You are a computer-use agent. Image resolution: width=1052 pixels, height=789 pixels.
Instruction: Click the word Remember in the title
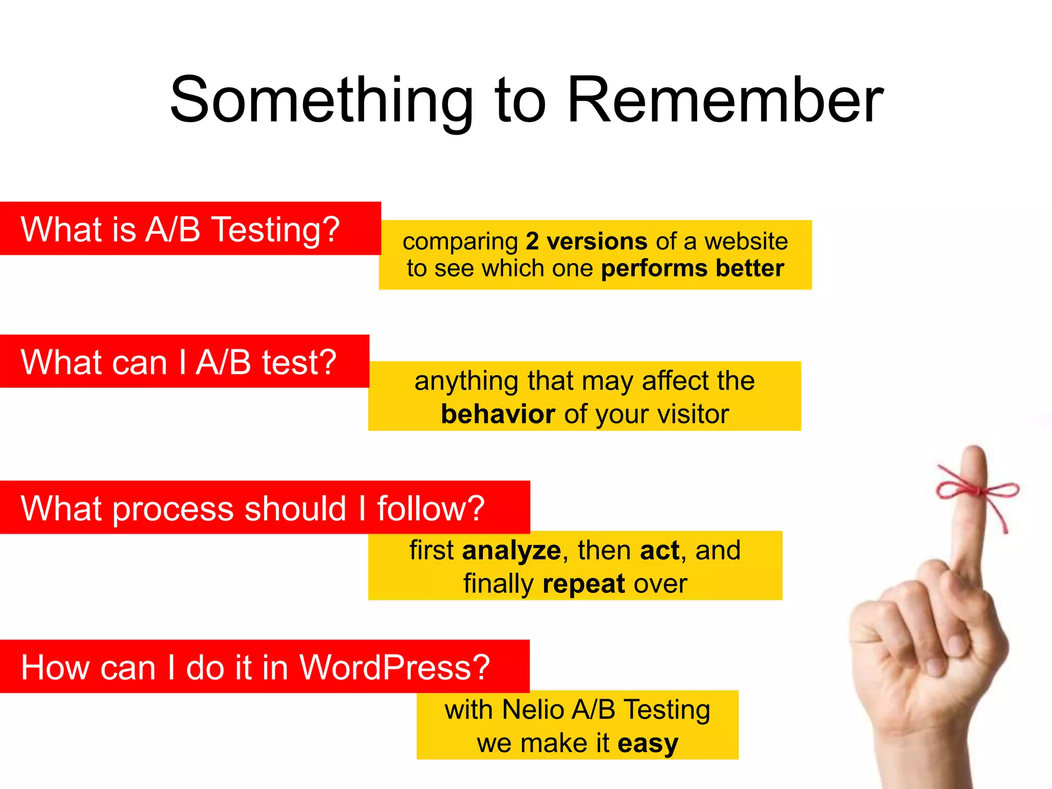tap(725, 100)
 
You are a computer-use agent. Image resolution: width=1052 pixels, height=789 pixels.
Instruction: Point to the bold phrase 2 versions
tap(586, 241)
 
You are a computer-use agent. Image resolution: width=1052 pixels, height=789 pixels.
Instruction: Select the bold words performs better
tap(692, 268)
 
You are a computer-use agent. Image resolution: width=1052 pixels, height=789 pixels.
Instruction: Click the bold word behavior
tap(498, 414)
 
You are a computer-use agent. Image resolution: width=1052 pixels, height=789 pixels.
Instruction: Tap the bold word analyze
tap(511, 551)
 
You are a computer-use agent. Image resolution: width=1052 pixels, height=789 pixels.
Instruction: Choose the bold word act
tap(660, 551)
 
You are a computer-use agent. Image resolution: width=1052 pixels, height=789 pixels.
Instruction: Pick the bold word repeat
tap(584, 584)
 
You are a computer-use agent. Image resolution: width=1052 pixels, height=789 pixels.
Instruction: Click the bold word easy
tap(648, 743)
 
